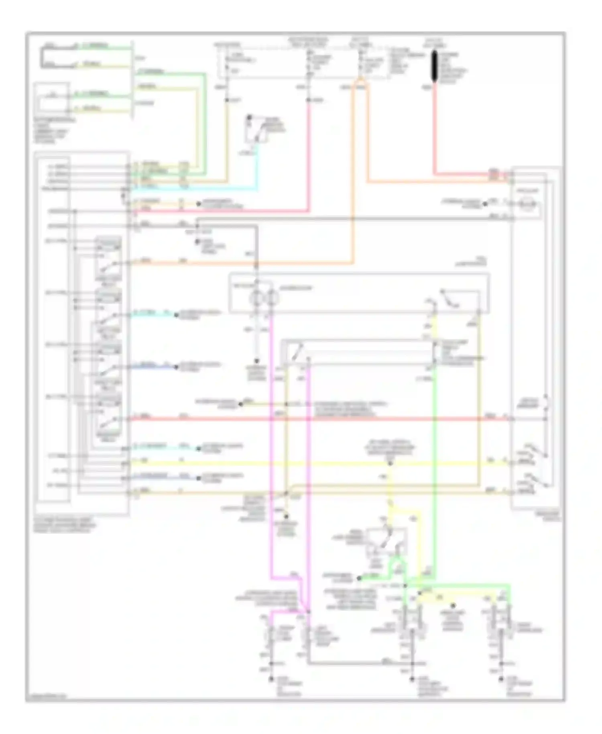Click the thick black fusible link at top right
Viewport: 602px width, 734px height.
[434, 66]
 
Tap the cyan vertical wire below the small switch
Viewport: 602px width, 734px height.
[257, 169]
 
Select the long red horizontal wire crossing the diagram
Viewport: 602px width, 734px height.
[321, 419]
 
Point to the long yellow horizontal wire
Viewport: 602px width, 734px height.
[281, 464]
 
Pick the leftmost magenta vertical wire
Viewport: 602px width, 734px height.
[271, 442]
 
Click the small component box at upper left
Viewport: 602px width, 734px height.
[51, 98]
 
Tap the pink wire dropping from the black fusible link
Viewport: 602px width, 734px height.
[434, 128]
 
